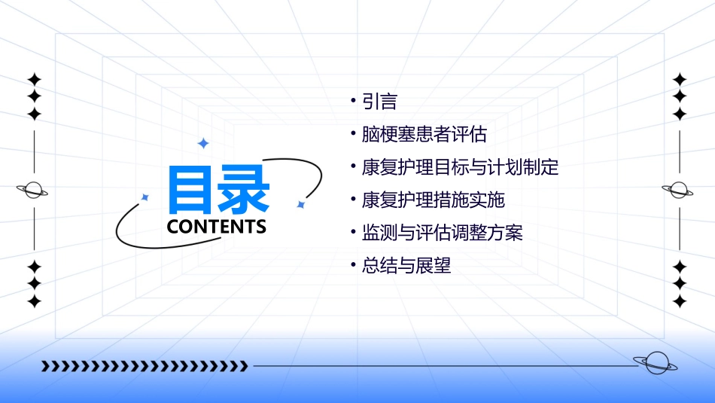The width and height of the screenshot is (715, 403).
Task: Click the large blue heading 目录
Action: coord(218,190)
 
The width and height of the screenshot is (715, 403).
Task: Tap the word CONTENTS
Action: coord(217,227)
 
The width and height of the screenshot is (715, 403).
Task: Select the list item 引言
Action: coord(379,102)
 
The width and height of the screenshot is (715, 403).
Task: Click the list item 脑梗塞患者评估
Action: coord(424,135)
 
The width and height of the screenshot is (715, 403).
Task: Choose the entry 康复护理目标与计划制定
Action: coord(460,167)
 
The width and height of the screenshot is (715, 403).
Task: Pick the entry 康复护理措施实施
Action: coord(433,200)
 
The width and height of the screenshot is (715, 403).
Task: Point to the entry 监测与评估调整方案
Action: coord(442,233)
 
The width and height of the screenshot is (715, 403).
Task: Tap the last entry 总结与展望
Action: coord(406,266)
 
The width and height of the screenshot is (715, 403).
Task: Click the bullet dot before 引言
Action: coord(353,100)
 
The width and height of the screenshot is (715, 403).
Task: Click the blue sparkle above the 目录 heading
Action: coord(202,143)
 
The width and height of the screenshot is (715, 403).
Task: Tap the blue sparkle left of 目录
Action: coord(145,197)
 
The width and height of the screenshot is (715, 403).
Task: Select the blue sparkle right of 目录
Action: coord(300,204)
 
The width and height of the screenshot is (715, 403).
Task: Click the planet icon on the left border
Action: coord(33,191)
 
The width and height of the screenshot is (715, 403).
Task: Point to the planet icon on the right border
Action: coord(679,191)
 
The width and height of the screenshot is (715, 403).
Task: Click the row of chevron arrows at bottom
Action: coord(145,366)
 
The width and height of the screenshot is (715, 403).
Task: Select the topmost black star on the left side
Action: coord(34,79)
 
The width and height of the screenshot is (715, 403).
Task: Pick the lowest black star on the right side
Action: coord(680,302)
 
